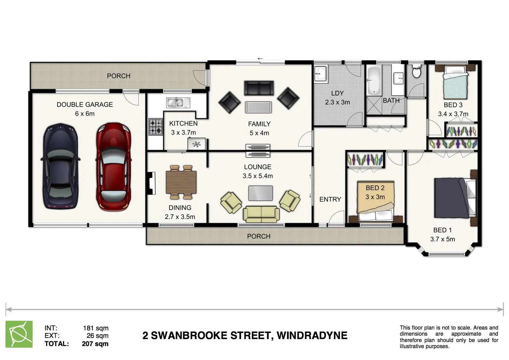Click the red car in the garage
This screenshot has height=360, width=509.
click(x=113, y=167)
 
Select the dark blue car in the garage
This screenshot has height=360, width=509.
click(x=61, y=167)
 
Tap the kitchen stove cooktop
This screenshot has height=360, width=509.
click(x=156, y=127)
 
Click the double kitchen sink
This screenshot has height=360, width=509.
click(x=178, y=103)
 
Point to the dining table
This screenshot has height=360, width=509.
click(x=181, y=182)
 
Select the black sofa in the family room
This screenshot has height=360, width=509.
click(x=259, y=88)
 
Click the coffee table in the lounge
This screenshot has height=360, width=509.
click(x=260, y=193)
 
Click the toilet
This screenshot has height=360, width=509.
click(x=416, y=71)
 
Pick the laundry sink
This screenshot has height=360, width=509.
click(x=321, y=73)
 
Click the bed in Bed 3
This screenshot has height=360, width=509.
click(x=455, y=82)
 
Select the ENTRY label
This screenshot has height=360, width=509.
click(x=330, y=199)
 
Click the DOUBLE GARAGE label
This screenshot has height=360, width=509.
click(x=85, y=104)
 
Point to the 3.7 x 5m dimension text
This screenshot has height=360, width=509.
click(x=442, y=239)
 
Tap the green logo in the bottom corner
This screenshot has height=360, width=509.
click(x=19, y=334)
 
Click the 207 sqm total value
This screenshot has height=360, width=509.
click(x=95, y=344)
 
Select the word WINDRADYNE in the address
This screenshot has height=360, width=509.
click(x=312, y=335)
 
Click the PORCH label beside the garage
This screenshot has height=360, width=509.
click(x=119, y=76)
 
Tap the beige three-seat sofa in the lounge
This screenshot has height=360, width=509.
click(x=261, y=214)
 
